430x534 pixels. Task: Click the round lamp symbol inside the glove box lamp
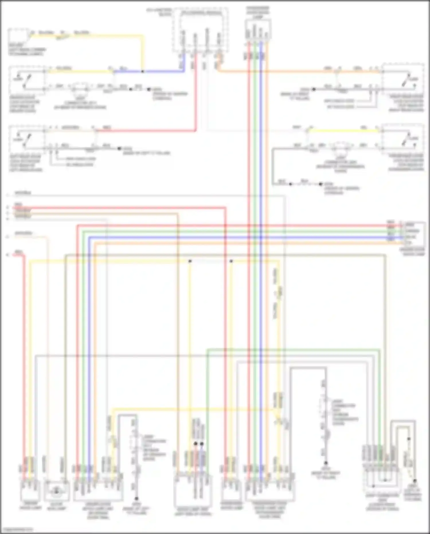tap(56, 492)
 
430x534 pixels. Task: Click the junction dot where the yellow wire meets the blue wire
tap(142, 71)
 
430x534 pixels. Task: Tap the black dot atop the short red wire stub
tap(196, 444)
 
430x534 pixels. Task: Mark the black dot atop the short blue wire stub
tap(202, 444)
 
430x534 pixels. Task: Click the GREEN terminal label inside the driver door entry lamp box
tap(412, 231)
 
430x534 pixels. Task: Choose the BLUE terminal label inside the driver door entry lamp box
tap(411, 237)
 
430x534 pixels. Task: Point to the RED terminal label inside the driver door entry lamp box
tap(410, 225)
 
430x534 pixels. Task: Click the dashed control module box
tap(201, 30)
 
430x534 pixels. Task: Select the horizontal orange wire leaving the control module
tap(287, 71)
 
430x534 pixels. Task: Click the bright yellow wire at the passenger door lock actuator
tap(344, 131)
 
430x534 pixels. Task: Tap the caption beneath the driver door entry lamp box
tap(413, 252)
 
